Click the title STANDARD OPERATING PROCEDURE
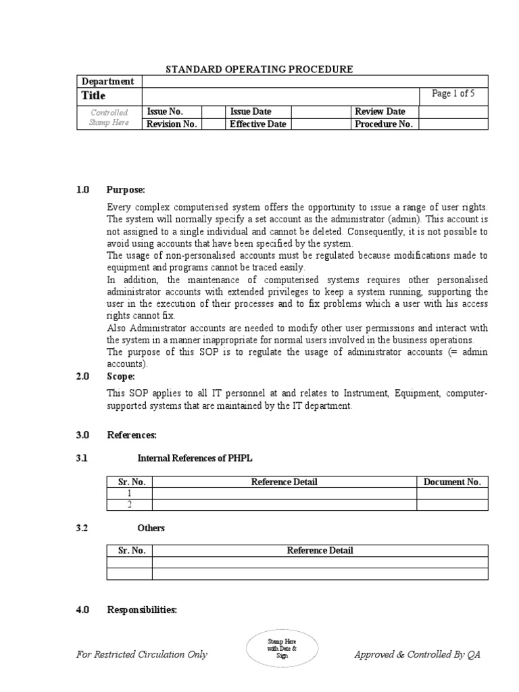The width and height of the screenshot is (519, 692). point(259,69)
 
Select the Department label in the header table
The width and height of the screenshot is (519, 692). point(108,81)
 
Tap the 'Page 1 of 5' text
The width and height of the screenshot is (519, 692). point(453,94)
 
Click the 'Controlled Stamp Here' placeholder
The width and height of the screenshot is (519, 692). point(109,118)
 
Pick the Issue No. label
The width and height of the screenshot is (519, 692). point(165,112)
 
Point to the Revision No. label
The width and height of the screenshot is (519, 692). point(172,124)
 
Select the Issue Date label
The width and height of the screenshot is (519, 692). point(251,112)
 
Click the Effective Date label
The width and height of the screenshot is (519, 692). point(258,124)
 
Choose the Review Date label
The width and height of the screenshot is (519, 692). point(380,112)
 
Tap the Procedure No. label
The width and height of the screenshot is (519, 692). point(383,124)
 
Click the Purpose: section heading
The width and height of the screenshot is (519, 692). point(126,190)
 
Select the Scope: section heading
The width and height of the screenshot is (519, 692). point(121,376)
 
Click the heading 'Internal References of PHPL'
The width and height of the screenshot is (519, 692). point(195,458)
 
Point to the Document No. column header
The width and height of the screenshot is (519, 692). point(451,482)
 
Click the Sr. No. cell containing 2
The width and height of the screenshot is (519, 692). point(129,504)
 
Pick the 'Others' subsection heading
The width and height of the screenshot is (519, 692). point(151,528)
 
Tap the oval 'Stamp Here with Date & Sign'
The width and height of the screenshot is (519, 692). point(282,647)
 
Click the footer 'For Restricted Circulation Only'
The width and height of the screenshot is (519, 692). point(141,654)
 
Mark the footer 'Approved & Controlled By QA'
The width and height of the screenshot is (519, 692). point(417,654)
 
